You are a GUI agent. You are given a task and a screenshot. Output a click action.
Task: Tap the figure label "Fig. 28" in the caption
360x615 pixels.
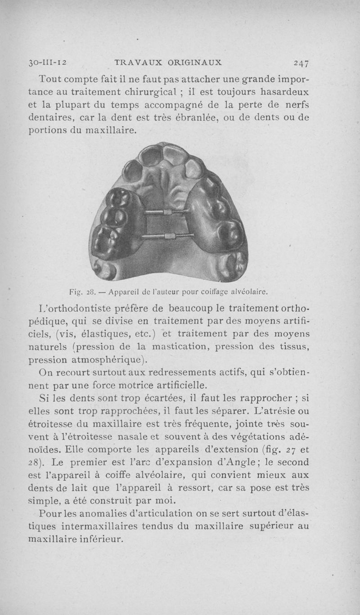click(x=81, y=292)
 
